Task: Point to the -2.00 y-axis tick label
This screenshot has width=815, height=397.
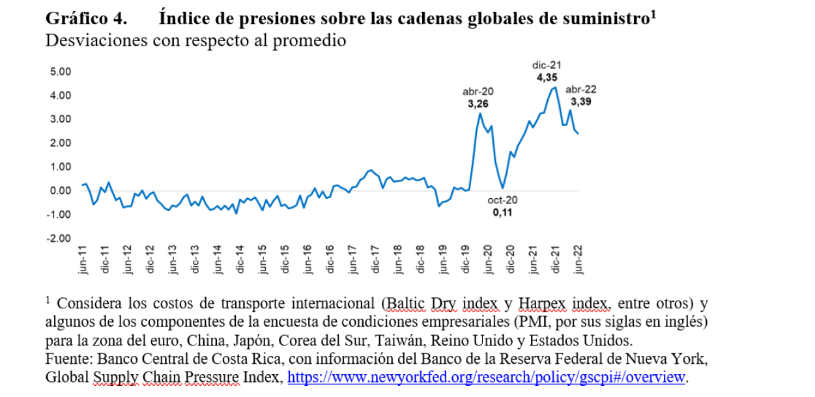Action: pos(57,238)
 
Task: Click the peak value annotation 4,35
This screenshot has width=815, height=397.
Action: pos(546,77)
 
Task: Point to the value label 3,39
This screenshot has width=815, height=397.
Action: pos(581,102)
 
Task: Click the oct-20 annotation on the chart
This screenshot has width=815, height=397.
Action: pos(502,200)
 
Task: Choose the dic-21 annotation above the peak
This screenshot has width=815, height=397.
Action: pos(546,65)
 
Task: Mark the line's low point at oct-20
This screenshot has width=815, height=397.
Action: pos(503,188)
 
